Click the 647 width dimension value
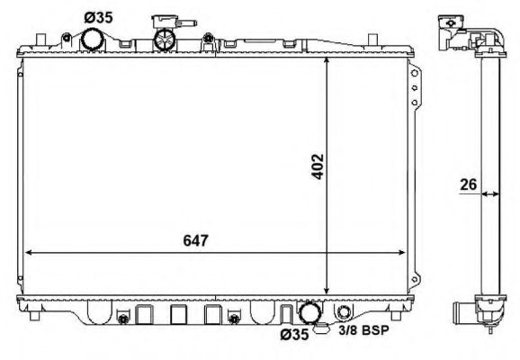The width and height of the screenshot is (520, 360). [195, 241]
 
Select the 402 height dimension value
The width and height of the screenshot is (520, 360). [317, 166]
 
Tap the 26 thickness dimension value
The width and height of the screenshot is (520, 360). [467, 184]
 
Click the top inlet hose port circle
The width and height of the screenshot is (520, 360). [92, 40]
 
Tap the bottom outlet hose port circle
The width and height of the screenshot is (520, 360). [309, 312]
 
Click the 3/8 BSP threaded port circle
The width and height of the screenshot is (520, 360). [345, 314]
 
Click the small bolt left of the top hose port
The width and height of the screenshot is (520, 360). [67, 37]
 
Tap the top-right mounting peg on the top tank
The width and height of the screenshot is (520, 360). [372, 37]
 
